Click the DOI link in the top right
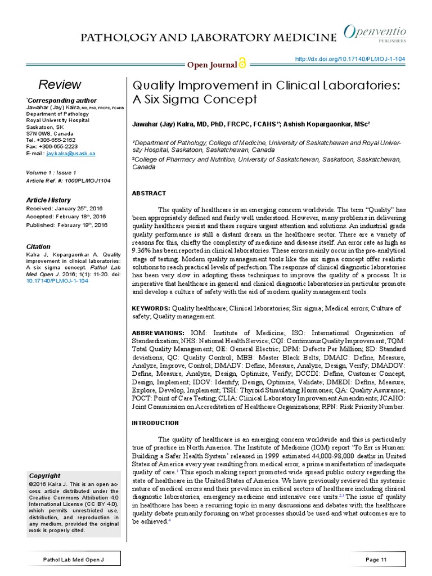click(x=350, y=60)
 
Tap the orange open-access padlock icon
click(x=242, y=64)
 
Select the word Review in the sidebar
click(x=60, y=85)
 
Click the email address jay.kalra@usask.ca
click(x=71, y=153)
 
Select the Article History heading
click(x=48, y=200)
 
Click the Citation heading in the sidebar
click(x=38, y=246)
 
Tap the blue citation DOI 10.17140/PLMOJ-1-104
click(x=57, y=280)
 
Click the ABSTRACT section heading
click(x=148, y=193)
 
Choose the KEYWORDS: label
click(x=151, y=308)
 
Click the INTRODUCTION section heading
click(x=155, y=422)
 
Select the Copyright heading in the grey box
click(x=44, y=475)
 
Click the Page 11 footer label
click(x=376, y=560)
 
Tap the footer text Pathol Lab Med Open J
click(x=74, y=560)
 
